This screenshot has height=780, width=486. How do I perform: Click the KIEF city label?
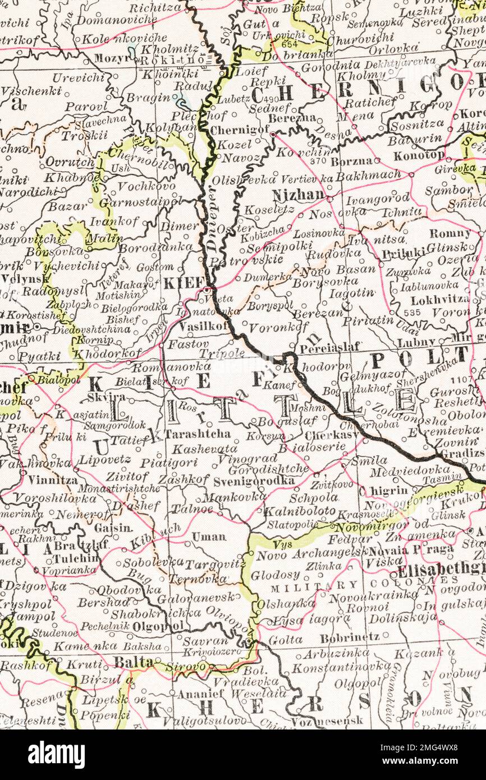point(182,283)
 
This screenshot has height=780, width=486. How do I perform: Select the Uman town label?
point(209,536)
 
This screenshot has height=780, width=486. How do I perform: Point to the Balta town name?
point(134,662)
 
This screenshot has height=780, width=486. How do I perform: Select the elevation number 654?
point(290,44)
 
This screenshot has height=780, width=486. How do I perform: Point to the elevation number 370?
point(318,160)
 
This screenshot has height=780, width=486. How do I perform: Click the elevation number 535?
point(411,312)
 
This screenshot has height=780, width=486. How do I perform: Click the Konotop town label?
point(419,155)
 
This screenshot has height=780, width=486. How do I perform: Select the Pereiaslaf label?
point(329,347)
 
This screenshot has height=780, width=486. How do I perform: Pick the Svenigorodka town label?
point(254,481)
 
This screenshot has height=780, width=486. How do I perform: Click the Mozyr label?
point(111,58)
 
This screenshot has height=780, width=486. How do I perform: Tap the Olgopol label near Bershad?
point(163,625)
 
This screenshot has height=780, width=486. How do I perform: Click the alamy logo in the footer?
point(56,754)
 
